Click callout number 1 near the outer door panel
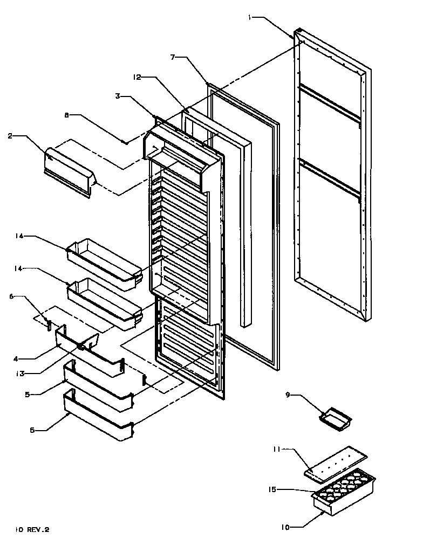pos(250,18)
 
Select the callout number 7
pos(172,57)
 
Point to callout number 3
pos(117,96)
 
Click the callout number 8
pos(67,115)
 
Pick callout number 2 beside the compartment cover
pos(10,136)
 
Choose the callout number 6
pos(12,296)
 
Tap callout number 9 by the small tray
pos(289,395)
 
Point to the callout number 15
pos(272,489)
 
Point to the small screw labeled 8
pos(125,143)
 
